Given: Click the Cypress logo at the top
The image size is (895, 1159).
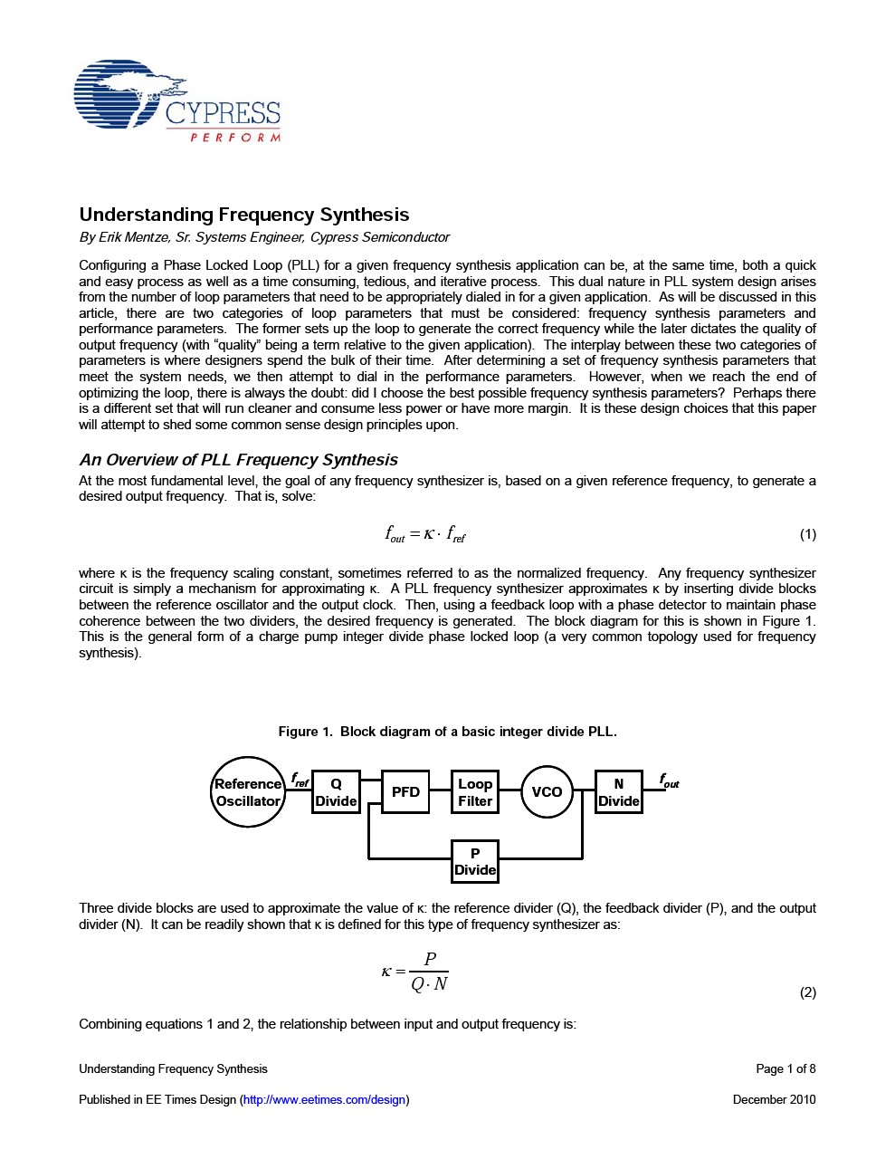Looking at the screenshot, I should [x=177, y=101].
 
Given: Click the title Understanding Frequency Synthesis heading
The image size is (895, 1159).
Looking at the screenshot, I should [x=243, y=215].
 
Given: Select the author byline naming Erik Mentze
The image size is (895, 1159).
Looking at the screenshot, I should [x=263, y=237].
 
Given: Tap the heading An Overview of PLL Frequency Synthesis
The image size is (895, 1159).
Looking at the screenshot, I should [x=238, y=460].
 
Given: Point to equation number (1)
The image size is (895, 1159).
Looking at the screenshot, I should [x=807, y=534].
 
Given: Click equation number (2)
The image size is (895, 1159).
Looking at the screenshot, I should [x=807, y=992].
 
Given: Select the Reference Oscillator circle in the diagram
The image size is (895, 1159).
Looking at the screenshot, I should [x=248, y=792].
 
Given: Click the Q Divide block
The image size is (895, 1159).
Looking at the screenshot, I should [x=336, y=792].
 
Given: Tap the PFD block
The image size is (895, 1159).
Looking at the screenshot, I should [x=405, y=792].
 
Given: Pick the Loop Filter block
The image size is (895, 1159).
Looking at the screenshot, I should [x=475, y=792].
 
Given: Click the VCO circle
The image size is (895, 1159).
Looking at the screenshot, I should [x=547, y=792].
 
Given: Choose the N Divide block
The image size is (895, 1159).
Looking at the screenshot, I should [x=619, y=792].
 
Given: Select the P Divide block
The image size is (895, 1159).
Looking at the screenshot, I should [x=475, y=862].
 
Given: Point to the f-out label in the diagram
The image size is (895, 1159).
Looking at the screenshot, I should [x=669, y=781].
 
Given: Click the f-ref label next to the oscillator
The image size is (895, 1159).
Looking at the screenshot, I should [x=300, y=780].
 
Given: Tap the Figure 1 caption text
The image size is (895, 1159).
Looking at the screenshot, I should [x=447, y=732].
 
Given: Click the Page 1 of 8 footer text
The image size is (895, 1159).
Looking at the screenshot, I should [x=786, y=1068].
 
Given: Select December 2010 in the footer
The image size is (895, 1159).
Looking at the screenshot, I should [x=774, y=1099].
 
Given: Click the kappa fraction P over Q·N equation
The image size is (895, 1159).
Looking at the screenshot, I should [x=415, y=972].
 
